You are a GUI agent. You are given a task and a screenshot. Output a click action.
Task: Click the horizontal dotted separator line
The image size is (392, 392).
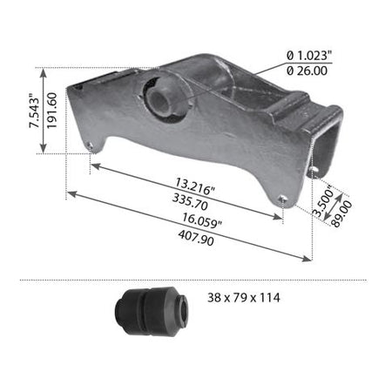point(196,280)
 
